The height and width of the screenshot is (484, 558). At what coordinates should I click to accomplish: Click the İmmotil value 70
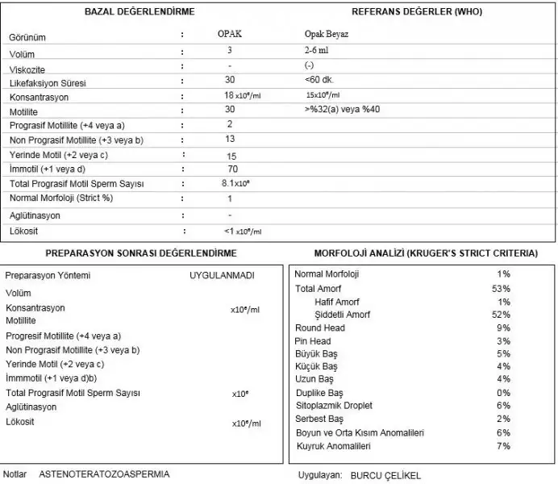232,169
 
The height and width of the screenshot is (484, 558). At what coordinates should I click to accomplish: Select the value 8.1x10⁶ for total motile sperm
235,184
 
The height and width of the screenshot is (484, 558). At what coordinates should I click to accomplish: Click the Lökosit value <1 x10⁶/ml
243,231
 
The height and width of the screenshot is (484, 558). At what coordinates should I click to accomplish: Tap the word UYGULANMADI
222,275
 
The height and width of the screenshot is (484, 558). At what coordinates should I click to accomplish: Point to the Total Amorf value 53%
502,288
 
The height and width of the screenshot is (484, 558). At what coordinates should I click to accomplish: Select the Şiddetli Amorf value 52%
502,315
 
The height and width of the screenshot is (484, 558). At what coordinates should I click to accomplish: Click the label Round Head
320,328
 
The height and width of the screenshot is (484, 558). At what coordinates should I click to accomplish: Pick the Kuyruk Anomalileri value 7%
504,446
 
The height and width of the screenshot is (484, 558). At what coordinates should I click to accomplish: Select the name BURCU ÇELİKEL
385,475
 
